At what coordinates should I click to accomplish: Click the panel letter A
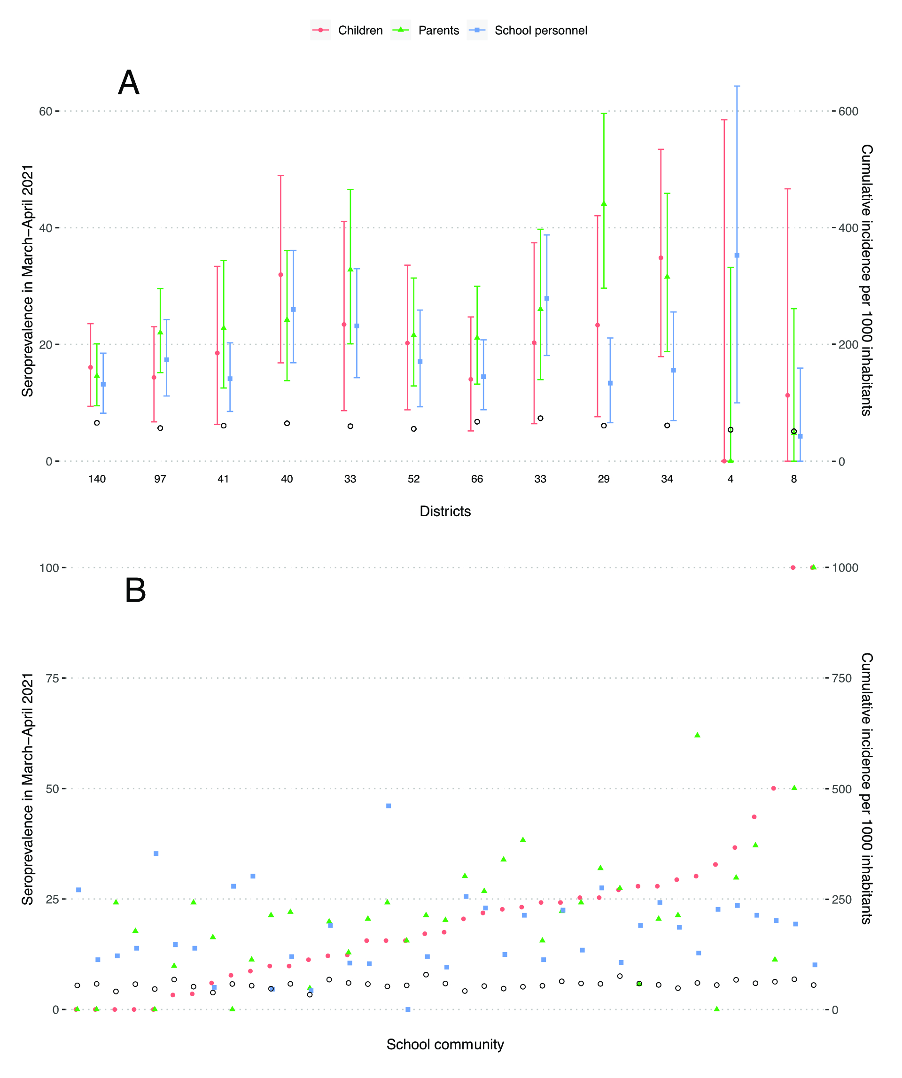click(128, 83)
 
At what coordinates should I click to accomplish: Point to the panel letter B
click(135, 590)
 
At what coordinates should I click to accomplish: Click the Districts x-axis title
click(445, 511)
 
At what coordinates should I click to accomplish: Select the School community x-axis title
click(445, 1045)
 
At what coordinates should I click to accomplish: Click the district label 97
click(160, 479)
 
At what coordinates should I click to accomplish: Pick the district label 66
click(477, 479)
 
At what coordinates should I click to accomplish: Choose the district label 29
click(604, 479)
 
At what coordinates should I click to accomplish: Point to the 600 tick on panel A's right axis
click(848, 111)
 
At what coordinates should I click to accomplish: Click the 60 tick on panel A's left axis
click(46, 111)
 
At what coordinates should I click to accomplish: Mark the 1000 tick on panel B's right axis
click(845, 568)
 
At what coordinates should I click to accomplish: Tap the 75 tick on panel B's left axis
click(52, 678)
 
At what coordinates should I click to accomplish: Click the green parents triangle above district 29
click(604, 204)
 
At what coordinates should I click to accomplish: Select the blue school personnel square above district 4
click(737, 255)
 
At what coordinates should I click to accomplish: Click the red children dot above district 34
click(661, 258)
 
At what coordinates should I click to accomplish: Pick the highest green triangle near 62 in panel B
click(697, 735)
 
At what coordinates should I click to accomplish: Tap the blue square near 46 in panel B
click(389, 806)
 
